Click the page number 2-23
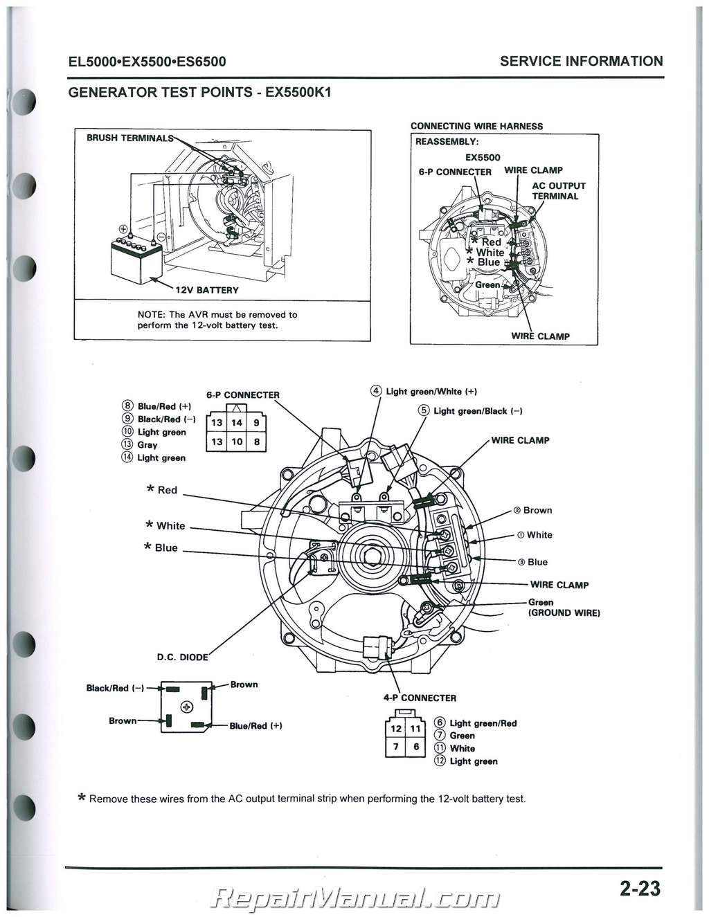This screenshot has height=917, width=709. tap(640, 888)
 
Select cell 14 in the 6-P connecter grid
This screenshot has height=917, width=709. tap(237, 423)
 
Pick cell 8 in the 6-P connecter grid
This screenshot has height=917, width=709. tap(256, 442)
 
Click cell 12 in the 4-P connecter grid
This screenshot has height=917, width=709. tap(395, 728)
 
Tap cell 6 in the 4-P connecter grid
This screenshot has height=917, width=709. tap(415, 747)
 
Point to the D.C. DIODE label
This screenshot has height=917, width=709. tap(183, 657)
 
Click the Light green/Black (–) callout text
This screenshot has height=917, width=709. tap(478, 411)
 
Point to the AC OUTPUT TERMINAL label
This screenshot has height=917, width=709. tap(558, 191)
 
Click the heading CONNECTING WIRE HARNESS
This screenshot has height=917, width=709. tap(476, 126)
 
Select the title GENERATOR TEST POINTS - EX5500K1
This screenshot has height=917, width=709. tap(200, 93)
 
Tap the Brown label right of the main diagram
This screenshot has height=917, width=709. tap(537, 510)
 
